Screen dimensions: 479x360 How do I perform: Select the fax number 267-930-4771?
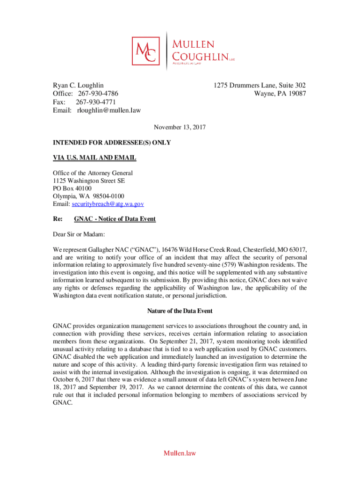[x=96, y=102]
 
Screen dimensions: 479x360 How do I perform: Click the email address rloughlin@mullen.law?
[x=108, y=110]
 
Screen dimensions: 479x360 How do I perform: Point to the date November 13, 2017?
[x=180, y=127]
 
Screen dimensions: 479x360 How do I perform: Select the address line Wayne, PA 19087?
[x=280, y=94]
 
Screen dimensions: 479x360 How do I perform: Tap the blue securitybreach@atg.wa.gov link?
[x=107, y=204]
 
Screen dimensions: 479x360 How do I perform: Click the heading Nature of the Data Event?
[x=180, y=311]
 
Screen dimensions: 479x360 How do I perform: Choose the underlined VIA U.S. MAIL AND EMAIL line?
[x=94, y=158]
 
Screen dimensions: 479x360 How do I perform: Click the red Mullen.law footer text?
[x=180, y=453]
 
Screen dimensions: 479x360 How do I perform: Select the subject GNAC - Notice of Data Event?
[x=115, y=219]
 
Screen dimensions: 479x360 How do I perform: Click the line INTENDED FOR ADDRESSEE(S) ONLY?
[x=112, y=143]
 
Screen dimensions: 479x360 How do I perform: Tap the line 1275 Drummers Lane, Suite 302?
[x=259, y=85]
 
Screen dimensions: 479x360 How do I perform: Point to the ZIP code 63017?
[x=297, y=249]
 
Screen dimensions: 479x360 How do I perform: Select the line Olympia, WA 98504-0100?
[x=88, y=196]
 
